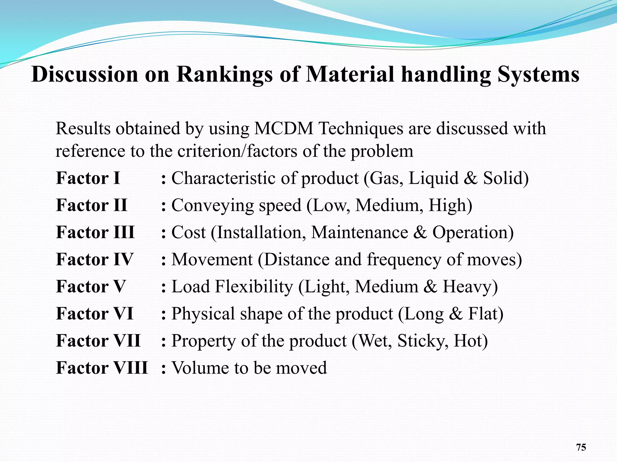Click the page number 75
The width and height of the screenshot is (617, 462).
pyautogui.click(x=581, y=447)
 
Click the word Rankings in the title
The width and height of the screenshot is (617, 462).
pyautogui.click(x=224, y=74)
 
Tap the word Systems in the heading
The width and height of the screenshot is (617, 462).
pyautogui.click(x=538, y=74)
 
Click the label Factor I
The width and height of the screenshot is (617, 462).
pyautogui.click(x=88, y=178)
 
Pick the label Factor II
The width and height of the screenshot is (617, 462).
pyautogui.click(x=92, y=205)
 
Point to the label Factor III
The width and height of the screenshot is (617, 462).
pyautogui.click(x=95, y=232)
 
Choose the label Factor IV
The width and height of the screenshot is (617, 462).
pyautogui.click(x=95, y=259)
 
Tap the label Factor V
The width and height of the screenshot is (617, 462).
pyautogui.click(x=91, y=286)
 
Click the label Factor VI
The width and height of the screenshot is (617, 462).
pyautogui.click(x=95, y=313)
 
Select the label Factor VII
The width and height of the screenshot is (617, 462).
pyautogui.click(x=98, y=340)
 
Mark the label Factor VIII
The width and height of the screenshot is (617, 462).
pyautogui.click(x=102, y=368)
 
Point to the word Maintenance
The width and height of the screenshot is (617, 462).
pyautogui.click(x=359, y=232)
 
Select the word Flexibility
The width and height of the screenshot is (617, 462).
pyautogui.click(x=254, y=287)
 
